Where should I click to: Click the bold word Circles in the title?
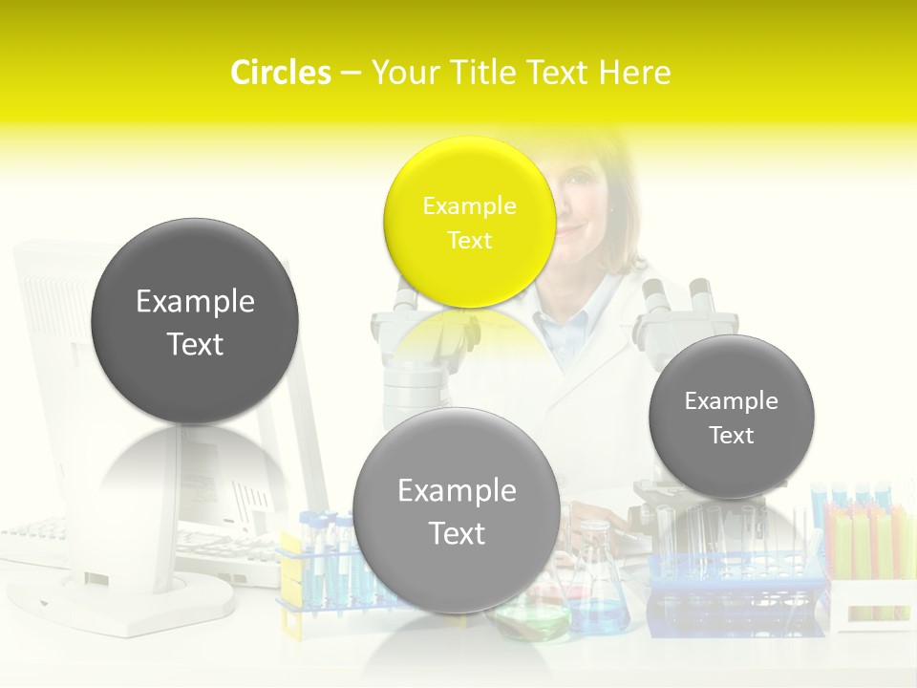pos(280,73)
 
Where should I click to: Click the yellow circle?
pos(469,222)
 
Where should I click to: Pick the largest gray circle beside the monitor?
pos(195,321)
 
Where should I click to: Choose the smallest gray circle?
pos(731,417)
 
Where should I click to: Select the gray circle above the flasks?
pos(457,510)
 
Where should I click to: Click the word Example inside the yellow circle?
pos(469,205)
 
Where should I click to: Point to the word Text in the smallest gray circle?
pos(731,436)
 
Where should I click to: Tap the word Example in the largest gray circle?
pos(195,302)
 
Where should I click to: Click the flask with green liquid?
pos(531,612)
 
